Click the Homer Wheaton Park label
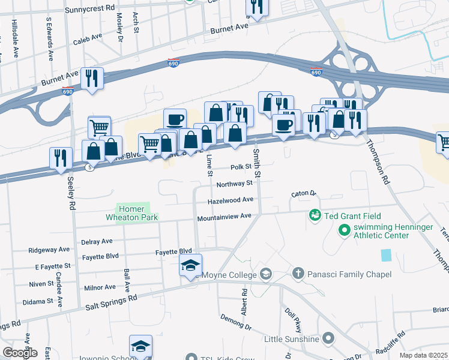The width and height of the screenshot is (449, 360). click(x=133, y=213)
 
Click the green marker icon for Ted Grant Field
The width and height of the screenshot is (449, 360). click(x=314, y=214)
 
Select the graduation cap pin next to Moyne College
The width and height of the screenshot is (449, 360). click(x=191, y=266)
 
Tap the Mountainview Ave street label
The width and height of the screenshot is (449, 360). click(x=224, y=218)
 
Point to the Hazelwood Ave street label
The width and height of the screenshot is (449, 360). click(x=231, y=200)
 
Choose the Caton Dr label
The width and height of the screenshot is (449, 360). click(x=303, y=194)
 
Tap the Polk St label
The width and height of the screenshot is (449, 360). click(x=240, y=167)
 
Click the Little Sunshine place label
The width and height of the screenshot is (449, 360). click(x=292, y=339)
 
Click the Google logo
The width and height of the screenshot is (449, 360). click(x=20, y=353)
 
